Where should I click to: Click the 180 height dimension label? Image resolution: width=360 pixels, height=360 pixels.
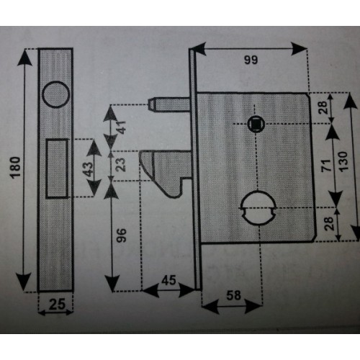coord(16,167)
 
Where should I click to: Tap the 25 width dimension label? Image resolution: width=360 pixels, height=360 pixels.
coord(57,304)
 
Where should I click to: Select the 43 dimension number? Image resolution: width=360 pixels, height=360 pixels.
coord(88,169)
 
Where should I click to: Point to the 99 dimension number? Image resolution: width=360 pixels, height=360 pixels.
coord(251,60)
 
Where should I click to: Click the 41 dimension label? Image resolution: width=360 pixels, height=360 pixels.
coord(121,127)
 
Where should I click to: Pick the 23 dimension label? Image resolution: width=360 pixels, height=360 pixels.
coord(121,164)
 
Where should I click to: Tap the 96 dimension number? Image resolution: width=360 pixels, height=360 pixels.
coord(121,235)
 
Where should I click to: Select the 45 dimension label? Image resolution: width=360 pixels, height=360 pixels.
coord(168,280)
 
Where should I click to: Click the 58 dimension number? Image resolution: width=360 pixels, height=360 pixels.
coord(233,295)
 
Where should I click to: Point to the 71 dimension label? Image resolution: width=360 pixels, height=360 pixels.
coord(326,165)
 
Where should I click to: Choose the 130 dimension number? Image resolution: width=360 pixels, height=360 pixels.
coord(343,161)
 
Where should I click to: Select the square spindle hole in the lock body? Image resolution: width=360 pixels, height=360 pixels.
coord(256,124)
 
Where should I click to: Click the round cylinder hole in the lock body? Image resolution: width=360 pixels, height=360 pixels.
coord(258,207)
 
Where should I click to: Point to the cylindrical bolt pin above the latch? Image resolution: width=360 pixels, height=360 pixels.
coord(170,104)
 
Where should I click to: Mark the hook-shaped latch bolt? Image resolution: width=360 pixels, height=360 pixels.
coord(166,174)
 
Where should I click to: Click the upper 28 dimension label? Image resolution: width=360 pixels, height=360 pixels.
coord(323,107)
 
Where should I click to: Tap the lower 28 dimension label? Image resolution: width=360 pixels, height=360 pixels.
coord(329,223)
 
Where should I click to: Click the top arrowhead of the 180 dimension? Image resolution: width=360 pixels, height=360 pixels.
coord(24,58)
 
